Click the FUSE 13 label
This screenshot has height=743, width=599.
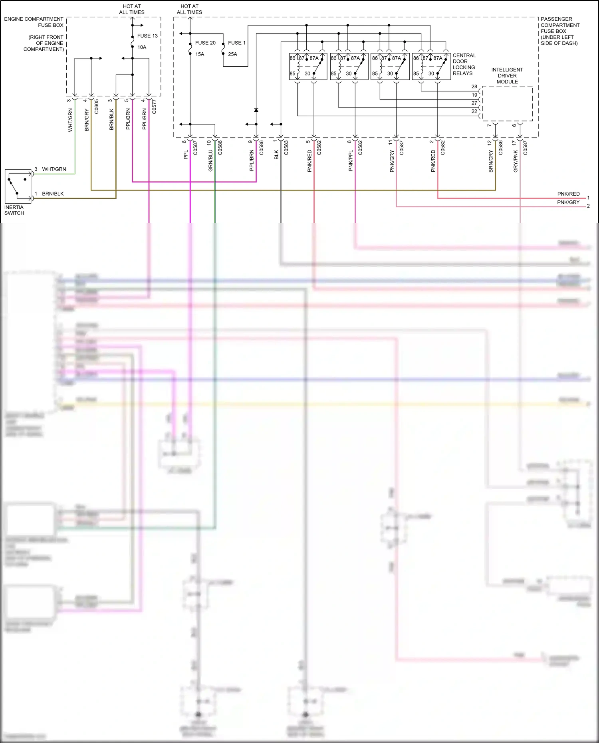click(147, 36)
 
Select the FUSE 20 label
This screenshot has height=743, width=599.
click(205, 43)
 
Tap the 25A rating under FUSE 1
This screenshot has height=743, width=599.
click(232, 54)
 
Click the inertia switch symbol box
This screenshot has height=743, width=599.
click(18, 186)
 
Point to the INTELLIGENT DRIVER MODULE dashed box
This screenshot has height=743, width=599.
click(507, 103)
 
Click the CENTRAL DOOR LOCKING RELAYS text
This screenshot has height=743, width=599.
click(464, 64)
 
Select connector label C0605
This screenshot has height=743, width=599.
click(97, 107)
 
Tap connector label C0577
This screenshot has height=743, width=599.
click(154, 107)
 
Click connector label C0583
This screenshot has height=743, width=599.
click(286, 148)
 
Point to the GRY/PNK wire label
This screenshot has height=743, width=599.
click(515, 161)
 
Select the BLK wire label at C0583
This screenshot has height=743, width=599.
click(276, 155)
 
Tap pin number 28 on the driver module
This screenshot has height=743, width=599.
click(474, 87)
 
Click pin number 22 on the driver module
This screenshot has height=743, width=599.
click(474, 111)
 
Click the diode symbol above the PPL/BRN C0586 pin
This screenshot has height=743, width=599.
click(256, 110)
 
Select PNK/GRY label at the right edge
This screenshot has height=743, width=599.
click(568, 202)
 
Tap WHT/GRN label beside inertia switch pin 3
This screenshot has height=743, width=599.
click(54, 169)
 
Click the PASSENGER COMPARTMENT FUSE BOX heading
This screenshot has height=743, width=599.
click(559, 31)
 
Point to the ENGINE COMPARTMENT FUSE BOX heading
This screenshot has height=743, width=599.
click(34, 22)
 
